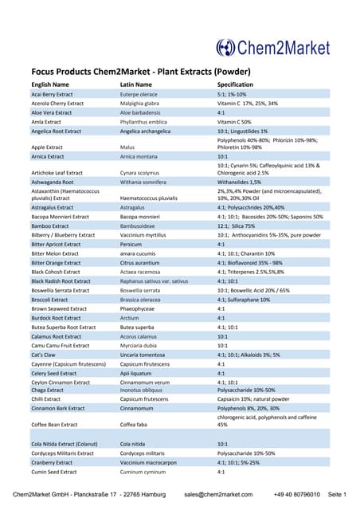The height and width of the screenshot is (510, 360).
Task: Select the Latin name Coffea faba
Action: pos(137,425)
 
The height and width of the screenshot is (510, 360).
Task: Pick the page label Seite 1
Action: pos(337,495)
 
